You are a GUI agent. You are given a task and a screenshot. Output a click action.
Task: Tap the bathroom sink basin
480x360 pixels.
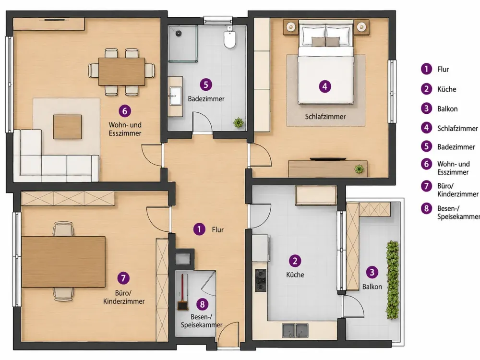click(175, 96)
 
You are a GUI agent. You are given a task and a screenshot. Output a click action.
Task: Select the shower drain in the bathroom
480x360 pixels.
click(178, 33)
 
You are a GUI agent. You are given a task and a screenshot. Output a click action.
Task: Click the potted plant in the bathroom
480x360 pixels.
click(239, 123)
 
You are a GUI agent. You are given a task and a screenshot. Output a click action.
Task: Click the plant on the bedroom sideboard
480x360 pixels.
click(359, 168)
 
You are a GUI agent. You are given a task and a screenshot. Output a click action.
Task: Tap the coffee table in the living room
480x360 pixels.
click(67, 127)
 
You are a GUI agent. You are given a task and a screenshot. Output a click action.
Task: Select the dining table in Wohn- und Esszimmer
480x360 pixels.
click(121, 72)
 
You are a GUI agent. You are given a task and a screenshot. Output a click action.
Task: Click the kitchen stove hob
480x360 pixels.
click(261, 280)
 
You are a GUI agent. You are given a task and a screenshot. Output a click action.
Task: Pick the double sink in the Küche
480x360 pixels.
click(295, 330)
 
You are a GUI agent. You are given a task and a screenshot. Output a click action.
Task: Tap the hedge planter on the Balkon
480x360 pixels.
click(393, 280)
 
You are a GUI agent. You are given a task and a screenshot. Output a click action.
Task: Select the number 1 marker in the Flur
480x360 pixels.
click(199, 229)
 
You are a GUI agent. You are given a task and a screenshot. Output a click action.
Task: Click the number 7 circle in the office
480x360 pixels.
click(123, 278)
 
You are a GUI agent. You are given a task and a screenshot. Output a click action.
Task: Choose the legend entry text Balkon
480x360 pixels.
click(447, 109)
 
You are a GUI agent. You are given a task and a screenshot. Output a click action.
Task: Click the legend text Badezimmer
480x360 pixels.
click(456, 147)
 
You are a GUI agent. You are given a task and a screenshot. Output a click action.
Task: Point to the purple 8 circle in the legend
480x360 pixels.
click(426, 208)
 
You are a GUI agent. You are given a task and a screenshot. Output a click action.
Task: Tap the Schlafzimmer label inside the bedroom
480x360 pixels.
click(325, 117)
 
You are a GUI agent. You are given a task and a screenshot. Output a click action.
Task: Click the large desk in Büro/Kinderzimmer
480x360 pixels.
click(63, 262)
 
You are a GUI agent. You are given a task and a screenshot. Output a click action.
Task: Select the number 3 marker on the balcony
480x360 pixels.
click(372, 272)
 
